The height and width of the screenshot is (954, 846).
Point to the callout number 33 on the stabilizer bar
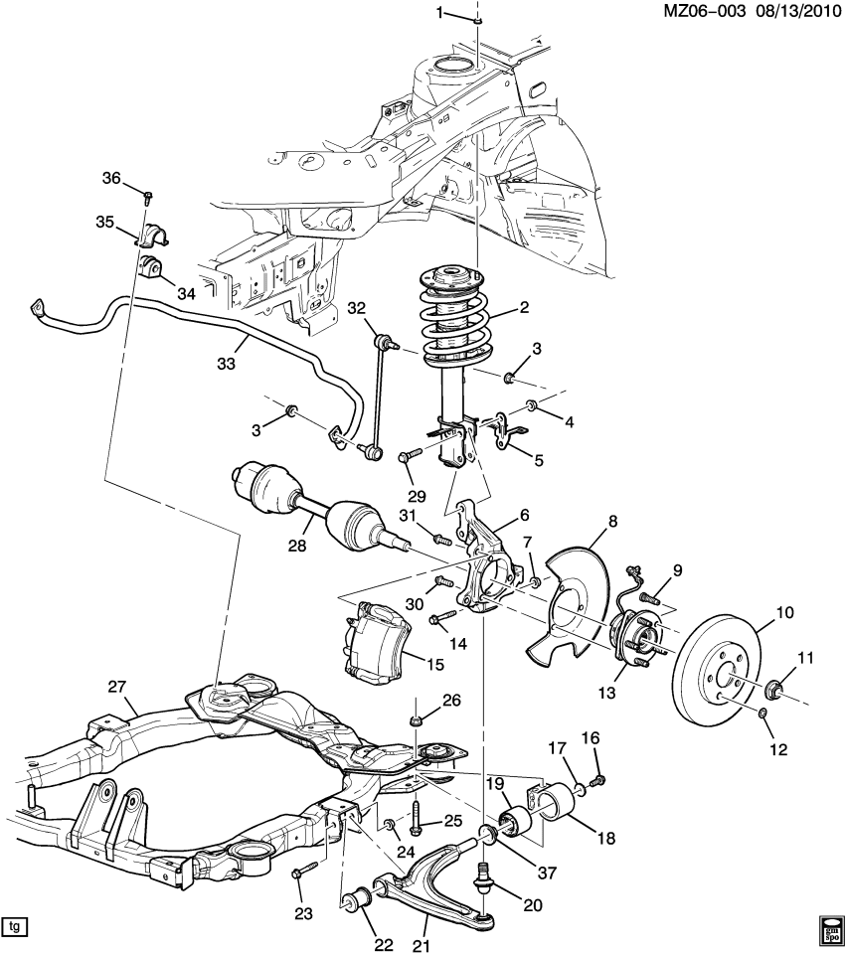(x=226, y=365)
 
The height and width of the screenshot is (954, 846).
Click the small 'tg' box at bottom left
(x=14, y=927)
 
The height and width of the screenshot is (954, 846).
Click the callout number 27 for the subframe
(x=117, y=687)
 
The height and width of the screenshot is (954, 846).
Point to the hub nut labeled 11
(x=777, y=689)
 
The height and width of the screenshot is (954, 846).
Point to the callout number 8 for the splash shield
(x=613, y=520)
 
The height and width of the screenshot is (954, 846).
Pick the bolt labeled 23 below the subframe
(x=302, y=872)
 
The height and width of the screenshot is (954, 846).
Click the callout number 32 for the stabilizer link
(x=357, y=309)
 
